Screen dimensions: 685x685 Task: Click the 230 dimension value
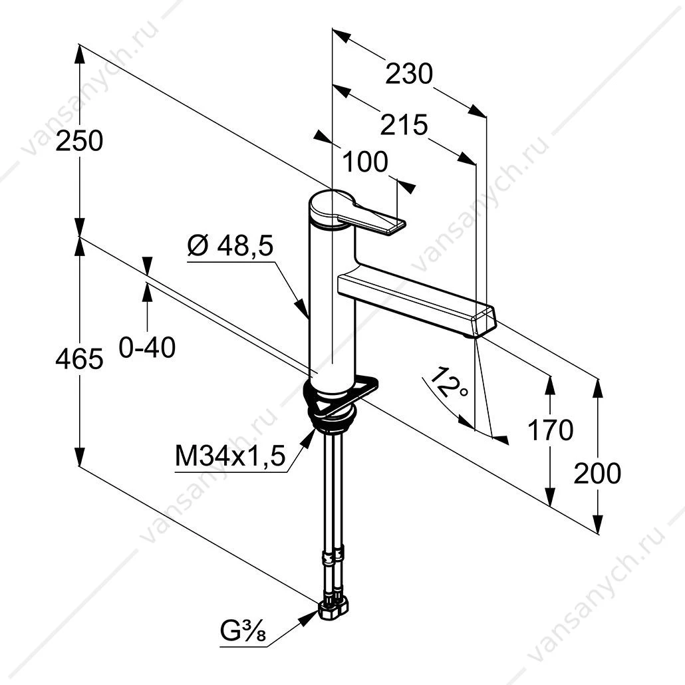[409, 74]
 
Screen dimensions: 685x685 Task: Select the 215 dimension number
[404, 125]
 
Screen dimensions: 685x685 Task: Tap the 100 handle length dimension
[365, 162]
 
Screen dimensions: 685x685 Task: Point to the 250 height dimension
[79, 141]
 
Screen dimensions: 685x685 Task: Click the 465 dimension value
[79, 359]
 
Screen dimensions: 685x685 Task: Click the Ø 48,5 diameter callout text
[230, 245]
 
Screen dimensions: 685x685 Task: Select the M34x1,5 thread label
[230, 456]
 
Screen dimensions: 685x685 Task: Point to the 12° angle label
[448, 382]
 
